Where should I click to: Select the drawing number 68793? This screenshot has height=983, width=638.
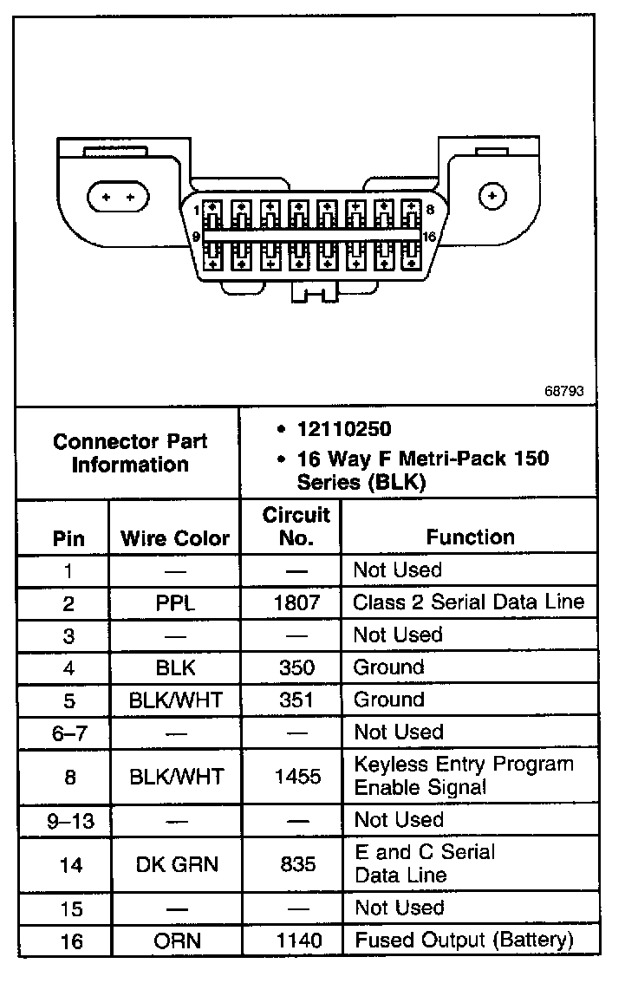(x=563, y=391)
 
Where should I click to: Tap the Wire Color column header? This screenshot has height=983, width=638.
(x=175, y=538)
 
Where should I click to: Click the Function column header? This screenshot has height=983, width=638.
(x=470, y=537)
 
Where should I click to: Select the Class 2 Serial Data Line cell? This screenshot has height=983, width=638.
(x=468, y=602)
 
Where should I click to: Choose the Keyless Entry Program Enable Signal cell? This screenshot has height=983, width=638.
(x=463, y=776)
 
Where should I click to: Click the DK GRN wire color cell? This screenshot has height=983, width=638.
(x=175, y=863)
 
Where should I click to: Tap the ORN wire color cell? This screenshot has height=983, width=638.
(x=175, y=941)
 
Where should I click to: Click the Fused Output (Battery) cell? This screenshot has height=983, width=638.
(x=463, y=940)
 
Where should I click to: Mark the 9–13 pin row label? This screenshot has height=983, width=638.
(x=69, y=820)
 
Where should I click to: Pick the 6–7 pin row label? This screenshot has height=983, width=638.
(x=69, y=732)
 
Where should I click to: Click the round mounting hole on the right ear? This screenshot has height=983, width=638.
(x=492, y=197)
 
